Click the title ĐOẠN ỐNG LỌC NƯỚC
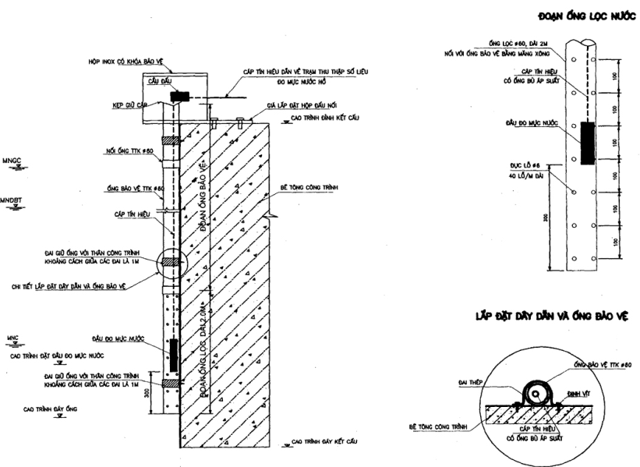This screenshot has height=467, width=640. [x=586, y=16]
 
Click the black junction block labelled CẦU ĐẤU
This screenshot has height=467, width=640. [x=179, y=96]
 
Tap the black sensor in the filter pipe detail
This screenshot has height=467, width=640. [x=586, y=143]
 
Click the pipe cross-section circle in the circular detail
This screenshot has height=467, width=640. [x=536, y=394]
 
